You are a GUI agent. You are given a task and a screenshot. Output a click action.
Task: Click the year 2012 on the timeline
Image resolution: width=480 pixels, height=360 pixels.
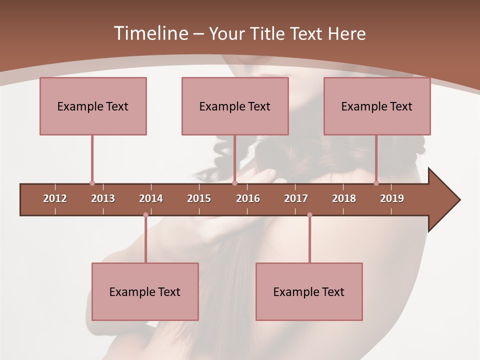(x=55, y=198)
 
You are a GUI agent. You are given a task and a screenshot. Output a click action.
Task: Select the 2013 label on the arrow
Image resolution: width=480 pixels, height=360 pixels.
(x=103, y=198)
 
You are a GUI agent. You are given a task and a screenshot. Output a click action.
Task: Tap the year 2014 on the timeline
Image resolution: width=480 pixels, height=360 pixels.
(x=151, y=198)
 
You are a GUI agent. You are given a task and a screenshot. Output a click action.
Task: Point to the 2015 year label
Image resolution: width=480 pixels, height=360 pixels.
(x=199, y=198)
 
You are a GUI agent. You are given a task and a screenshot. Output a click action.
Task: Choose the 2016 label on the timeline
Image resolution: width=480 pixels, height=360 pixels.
(x=248, y=198)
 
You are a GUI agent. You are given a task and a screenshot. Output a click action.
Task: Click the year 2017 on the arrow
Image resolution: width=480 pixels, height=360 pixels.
(x=296, y=198)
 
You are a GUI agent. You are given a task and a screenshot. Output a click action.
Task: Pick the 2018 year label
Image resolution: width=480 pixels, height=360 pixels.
(x=344, y=198)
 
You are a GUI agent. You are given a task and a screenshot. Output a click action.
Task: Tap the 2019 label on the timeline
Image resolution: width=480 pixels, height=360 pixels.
(x=392, y=198)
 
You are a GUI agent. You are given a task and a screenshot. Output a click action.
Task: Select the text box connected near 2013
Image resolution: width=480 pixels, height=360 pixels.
(x=93, y=106)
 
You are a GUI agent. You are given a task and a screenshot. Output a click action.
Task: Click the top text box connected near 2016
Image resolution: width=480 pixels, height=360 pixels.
(x=235, y=106)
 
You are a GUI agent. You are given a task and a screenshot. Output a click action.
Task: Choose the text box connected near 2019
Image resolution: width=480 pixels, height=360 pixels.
(x=377, y=106)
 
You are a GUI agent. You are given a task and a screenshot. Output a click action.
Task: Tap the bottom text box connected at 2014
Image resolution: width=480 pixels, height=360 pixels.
(x=145, y=291)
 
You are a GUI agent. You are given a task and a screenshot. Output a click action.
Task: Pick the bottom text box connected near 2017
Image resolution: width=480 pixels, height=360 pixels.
(x=309, y=291)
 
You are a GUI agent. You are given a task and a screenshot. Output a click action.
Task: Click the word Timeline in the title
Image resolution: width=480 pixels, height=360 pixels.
(x=150, y=33)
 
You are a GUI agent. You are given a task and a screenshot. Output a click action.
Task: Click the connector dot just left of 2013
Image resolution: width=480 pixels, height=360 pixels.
(x=92, y=183)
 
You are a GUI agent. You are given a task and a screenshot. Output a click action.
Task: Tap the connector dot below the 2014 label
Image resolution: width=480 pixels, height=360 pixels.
(x=145, y=215)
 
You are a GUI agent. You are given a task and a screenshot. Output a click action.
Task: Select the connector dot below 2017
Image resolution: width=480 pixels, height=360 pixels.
(x=309, y=215)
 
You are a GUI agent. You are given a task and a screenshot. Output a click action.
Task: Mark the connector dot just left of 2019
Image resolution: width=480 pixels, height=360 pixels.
(x=376, y=183)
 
